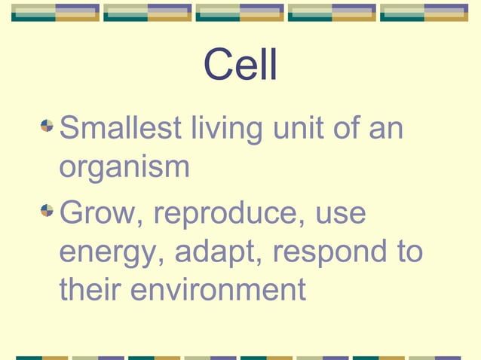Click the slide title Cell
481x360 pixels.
240,66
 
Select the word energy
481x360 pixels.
112,252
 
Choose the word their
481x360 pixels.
90,289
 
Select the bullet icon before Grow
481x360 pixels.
47,209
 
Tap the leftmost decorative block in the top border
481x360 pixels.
55,12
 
